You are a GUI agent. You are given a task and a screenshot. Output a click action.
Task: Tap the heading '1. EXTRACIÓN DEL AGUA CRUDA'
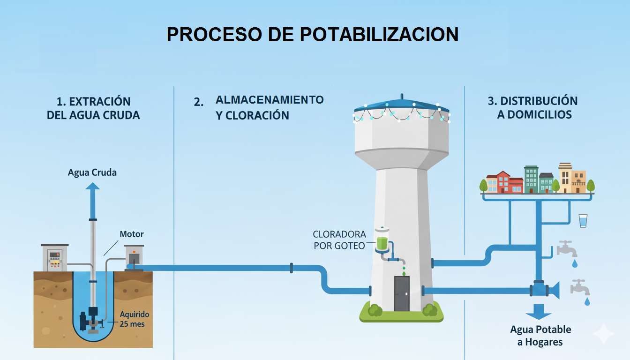[x=93, y=108]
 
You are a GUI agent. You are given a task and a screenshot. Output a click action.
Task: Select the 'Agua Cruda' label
[x=92, y=172]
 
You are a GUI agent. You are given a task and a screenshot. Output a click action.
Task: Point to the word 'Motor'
[x=132, y=234]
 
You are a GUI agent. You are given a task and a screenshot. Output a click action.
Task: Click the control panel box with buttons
[x=55, y=258]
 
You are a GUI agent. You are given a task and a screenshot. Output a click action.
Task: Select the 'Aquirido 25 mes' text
[x=132, y=319]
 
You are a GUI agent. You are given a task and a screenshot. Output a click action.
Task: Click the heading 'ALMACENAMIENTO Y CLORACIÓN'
[x=269, y=107]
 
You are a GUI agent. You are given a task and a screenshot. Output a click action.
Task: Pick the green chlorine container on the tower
[x=382, y=242]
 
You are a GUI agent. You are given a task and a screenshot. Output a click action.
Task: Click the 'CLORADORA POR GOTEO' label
[x=339, y=240]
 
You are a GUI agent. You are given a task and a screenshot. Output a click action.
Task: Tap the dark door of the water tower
[x=402, y=293]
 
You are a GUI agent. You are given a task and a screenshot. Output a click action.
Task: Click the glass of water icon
[x=583, y=220]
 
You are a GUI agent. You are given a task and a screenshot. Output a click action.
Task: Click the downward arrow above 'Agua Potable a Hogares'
[x=538, y=312]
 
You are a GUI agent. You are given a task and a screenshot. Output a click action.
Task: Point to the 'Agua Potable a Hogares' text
[x=540, y=336]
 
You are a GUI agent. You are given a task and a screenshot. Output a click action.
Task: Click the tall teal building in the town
[x=531, y=179]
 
